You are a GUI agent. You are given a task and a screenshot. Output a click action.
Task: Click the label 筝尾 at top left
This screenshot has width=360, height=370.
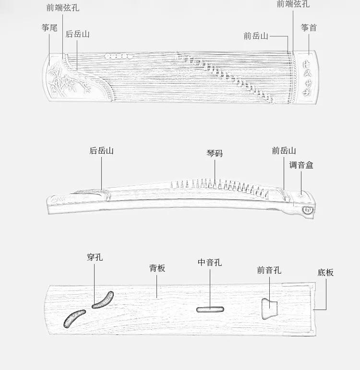tap(49, 28)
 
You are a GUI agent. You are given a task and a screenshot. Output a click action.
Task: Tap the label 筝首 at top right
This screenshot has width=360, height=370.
tap(309, 27)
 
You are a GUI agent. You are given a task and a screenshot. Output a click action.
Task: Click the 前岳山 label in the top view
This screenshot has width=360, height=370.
tap(255, 36)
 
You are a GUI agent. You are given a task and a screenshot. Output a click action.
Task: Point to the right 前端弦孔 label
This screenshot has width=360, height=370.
tap(293, 4)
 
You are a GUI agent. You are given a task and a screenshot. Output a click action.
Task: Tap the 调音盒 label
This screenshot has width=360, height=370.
tap(301, 165)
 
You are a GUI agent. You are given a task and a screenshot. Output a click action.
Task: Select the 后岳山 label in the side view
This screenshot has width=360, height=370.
tap(102, 150)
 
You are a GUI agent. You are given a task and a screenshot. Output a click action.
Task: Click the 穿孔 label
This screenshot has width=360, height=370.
tap(95, 257)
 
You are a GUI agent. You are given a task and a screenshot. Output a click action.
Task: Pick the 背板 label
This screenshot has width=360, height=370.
tap(157, 268)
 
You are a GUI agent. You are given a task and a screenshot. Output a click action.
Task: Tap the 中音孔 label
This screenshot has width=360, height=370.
tap(210, 263)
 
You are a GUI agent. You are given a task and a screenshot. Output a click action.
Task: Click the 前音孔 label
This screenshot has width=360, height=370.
tap(269, 270)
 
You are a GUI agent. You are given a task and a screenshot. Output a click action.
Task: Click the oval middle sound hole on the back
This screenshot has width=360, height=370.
tap(210, 309)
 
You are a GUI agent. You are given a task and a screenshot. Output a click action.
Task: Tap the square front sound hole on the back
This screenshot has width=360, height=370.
tap(269, 307)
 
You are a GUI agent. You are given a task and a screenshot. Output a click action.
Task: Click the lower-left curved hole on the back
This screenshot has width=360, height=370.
tap(74, 318)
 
